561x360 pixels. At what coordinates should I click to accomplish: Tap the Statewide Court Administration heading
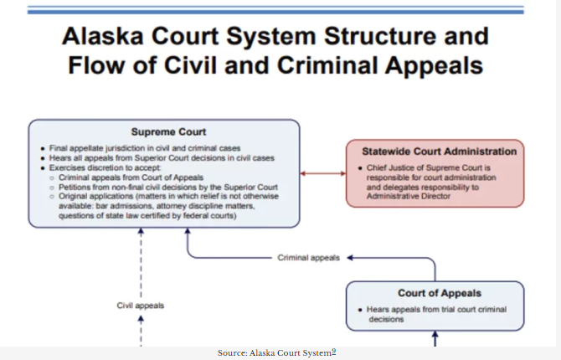439,151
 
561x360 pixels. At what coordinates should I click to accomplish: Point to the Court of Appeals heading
439,293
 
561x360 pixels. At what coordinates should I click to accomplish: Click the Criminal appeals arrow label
308,258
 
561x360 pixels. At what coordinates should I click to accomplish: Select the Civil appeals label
140,306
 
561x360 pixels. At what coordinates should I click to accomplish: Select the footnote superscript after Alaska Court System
334,352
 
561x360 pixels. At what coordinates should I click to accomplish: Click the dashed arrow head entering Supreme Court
141,231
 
